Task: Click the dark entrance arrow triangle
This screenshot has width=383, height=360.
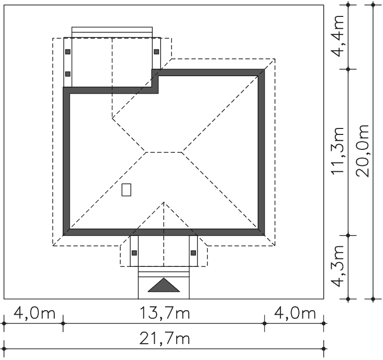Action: click(164, 286)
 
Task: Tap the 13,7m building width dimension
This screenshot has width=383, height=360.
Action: click(164, 313)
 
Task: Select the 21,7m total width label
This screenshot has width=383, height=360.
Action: click(164, 339)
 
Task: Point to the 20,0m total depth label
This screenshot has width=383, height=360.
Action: click(362, 151)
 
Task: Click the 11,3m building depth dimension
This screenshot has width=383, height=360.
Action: click(337, 151)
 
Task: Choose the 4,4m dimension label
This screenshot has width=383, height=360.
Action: click(337, 36)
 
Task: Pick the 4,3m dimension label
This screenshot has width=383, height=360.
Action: click(337, 265)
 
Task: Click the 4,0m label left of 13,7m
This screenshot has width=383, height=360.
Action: click(34, 313)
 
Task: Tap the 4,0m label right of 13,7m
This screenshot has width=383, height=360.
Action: click(295, 313)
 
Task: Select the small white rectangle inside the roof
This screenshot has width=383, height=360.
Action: click(126, 190)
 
